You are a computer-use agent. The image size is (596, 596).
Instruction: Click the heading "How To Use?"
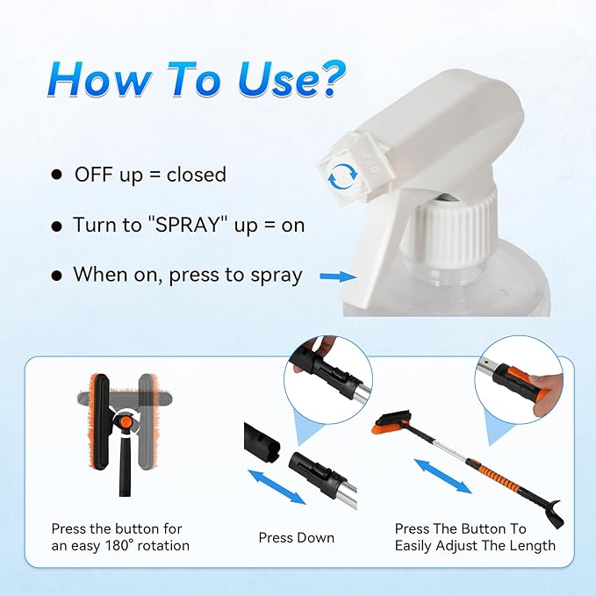coord(194,80)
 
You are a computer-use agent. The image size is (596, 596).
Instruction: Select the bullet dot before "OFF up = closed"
coord(56,175)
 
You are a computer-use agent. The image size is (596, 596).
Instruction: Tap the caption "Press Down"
coord(296,537)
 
